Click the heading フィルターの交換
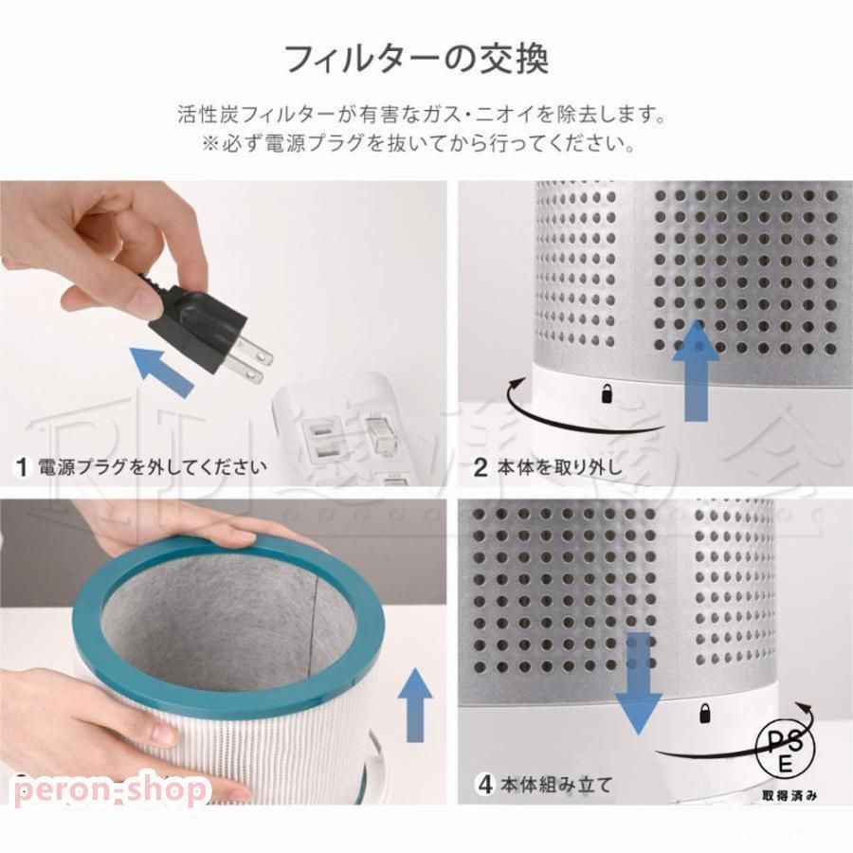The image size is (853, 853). pos(416,59)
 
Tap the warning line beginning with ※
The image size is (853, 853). pos(417,145)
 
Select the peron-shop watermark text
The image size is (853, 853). pos(109,789)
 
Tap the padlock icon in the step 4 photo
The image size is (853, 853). pos(704,712)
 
